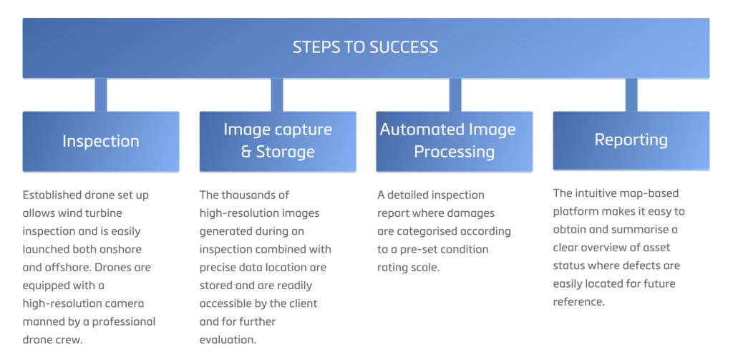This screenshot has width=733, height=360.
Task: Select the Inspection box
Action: (x=101, y=141)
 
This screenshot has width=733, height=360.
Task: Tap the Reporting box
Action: (x=631, y=140)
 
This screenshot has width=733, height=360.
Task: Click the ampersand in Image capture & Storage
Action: (x=246, y=152)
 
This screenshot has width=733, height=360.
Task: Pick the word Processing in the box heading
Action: (x=455, y=152)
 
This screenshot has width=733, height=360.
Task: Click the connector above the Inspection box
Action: (x=101, y=95)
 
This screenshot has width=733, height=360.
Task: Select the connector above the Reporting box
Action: (x=631, y=95)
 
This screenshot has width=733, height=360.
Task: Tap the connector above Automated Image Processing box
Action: (x=455, y=95)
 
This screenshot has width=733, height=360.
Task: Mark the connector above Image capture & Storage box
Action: (x=277, y=95)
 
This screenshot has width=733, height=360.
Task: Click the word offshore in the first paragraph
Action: (x=67, y=268)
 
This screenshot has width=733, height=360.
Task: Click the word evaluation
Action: (x=228, y=340)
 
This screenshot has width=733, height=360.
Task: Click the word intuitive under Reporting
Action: (x=595, y=193)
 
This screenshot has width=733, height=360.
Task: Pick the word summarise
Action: (x=644, y=230)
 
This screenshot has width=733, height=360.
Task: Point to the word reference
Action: (x=578, y=302)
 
